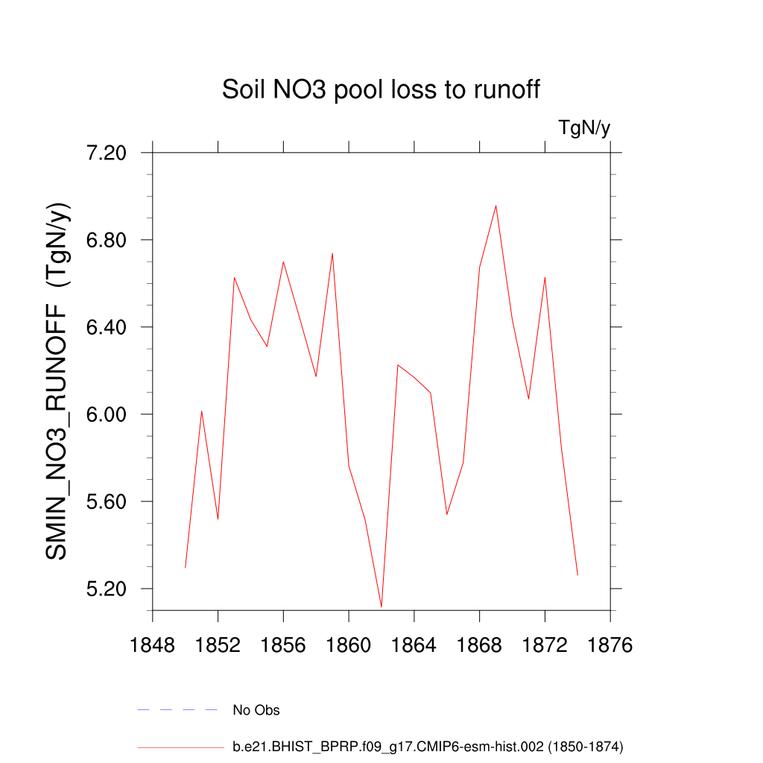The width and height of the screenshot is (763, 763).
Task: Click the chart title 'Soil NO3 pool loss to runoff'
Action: click(381, 90)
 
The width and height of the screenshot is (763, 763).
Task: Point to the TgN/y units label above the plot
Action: click(584, 128)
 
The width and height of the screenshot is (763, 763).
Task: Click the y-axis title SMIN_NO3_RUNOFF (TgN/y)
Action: click(58, 381)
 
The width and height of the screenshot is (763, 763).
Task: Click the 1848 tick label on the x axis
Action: click(153, 645)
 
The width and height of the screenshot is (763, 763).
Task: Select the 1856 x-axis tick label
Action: click(283, 645)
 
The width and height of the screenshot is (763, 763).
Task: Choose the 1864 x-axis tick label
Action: click(414, 645)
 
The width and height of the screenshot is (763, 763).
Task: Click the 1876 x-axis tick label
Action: click(610, 645)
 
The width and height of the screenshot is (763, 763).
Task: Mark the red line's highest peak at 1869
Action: click(496, 206)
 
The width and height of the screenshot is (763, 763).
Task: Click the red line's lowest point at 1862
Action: click(381, 607)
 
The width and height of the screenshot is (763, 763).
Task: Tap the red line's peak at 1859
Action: click(332, 253)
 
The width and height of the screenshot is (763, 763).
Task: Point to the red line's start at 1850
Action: click(186, 568)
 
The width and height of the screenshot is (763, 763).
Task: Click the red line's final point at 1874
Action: click(577, 574)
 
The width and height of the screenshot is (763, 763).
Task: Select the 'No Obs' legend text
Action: click(256, 710)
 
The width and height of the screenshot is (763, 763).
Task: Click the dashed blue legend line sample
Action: click(177, 710)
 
